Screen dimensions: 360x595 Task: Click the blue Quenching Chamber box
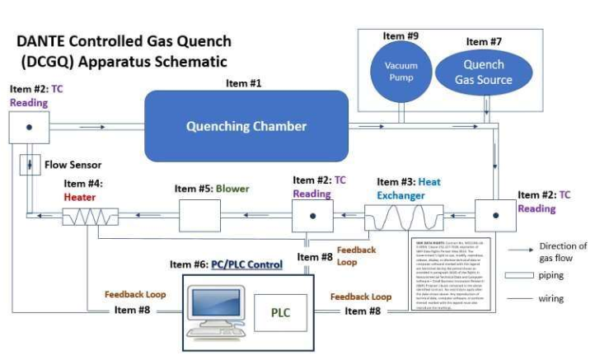pos(245,126)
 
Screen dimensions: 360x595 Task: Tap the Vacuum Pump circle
pos(401,71)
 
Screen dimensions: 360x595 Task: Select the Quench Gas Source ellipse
pos(483,72)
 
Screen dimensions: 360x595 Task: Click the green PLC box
pos(280,312)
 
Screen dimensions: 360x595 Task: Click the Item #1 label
pos(243,83)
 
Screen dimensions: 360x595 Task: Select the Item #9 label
pos(401,36)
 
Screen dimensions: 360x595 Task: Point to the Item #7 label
pos(484,41)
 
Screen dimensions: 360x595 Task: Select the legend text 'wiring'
pos(552,298)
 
